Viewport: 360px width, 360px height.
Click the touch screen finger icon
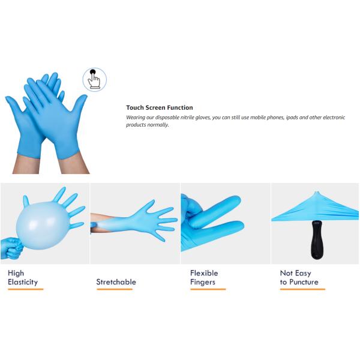coord(94,80)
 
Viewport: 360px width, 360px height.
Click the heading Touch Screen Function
coord(160,108)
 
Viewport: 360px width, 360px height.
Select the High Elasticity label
coord(23,277)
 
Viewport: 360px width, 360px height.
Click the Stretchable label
coord(116,282)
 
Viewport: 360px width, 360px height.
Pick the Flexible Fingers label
coord(204,277)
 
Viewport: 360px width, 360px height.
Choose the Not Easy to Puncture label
coord(299,277)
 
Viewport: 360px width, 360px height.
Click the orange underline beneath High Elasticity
coord(25,289)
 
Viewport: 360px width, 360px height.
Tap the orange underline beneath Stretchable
coord(114,289)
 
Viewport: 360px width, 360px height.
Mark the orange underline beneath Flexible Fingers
coord(208,289)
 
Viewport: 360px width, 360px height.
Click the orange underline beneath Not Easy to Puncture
coord(302,289)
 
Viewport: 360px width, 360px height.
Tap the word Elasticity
coord(23,282)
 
